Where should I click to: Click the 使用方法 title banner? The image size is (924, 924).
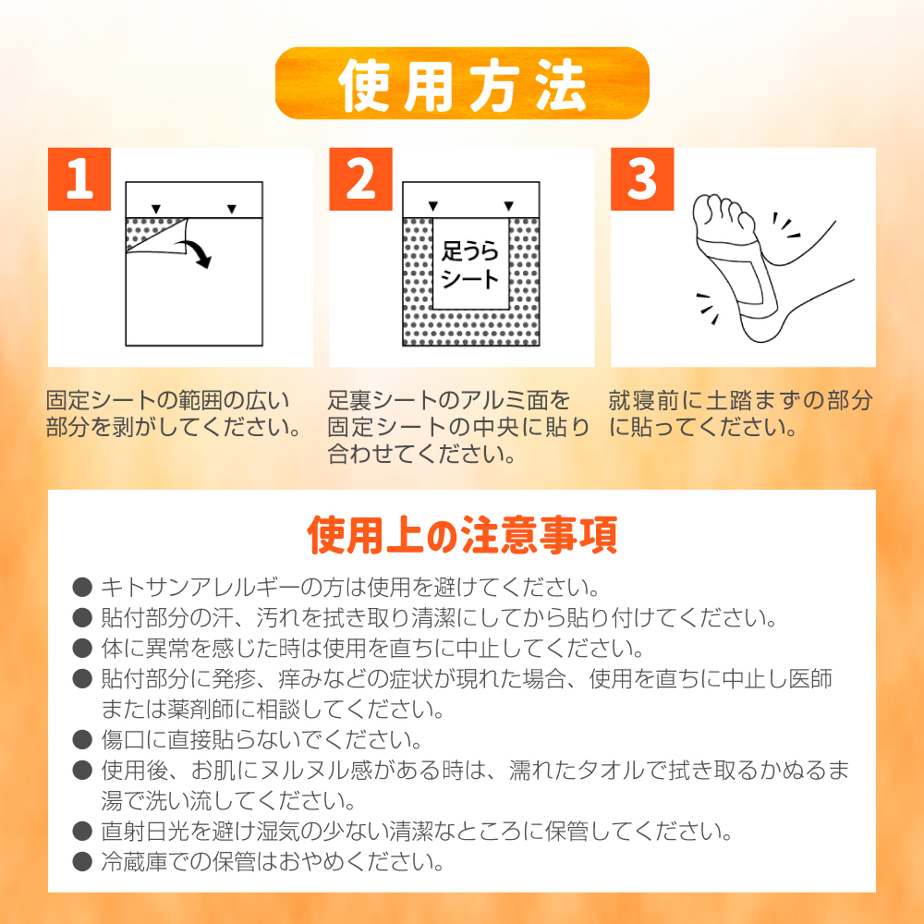point(462,83)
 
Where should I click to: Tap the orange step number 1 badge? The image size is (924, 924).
point(79,179)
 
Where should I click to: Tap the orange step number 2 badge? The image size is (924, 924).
point(361,179)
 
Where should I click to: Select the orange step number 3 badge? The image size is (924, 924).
point(642,179)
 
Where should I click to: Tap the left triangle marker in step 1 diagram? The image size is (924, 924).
point(156,208)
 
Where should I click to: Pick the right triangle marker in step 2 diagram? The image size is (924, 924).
point(508,206)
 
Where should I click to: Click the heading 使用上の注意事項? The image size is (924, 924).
point(462,536)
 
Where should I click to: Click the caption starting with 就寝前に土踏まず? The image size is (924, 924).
point(739,415)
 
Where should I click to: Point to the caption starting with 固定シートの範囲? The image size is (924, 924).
point(174,415)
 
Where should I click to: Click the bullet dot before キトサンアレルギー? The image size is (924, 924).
point(82,587)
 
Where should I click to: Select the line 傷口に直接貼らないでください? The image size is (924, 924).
point(261,740)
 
